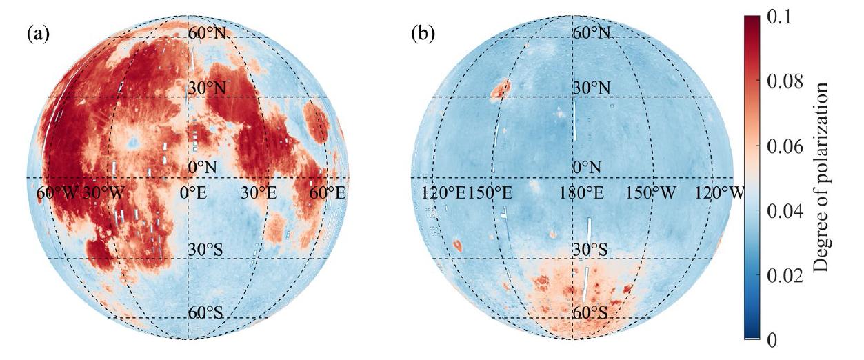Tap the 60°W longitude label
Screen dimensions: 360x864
[58, 193]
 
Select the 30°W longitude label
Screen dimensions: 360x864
[103, 193]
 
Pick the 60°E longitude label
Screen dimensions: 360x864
[327, 193]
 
